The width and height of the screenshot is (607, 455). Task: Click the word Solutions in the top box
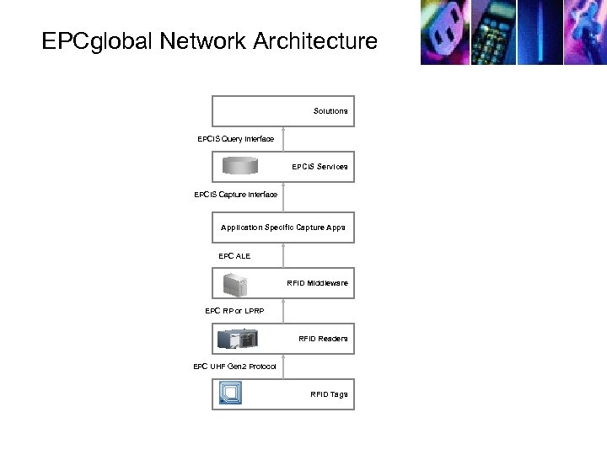[x=330, y=111]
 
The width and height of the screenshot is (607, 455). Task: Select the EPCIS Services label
[x=320, y=167]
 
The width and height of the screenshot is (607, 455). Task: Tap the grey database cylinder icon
[x=243, y=166]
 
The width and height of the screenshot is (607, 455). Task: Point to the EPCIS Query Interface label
[x=235, y=138]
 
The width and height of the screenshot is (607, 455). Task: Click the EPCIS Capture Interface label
[x=235, y=195]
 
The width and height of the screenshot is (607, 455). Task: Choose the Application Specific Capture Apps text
[x=282, y=227]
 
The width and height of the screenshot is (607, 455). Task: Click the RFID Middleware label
[x=317, y=283]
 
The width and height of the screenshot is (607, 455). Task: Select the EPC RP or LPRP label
[x=234, y=311]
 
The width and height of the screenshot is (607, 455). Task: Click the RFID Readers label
[x=323, y=339]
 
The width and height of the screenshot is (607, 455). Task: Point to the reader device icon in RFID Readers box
[x=239, y=339]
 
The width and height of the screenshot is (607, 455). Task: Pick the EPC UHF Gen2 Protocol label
[x=234, y=367]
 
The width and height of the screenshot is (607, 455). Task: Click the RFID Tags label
[x=329, y=394]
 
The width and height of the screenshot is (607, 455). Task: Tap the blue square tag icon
[x=231, y=393]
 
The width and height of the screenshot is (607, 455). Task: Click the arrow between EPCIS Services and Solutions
[x=283, y=140]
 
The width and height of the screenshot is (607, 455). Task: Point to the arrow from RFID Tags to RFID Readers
[x=283, y=367]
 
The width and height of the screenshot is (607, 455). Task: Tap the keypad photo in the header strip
[x=494, y=32]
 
